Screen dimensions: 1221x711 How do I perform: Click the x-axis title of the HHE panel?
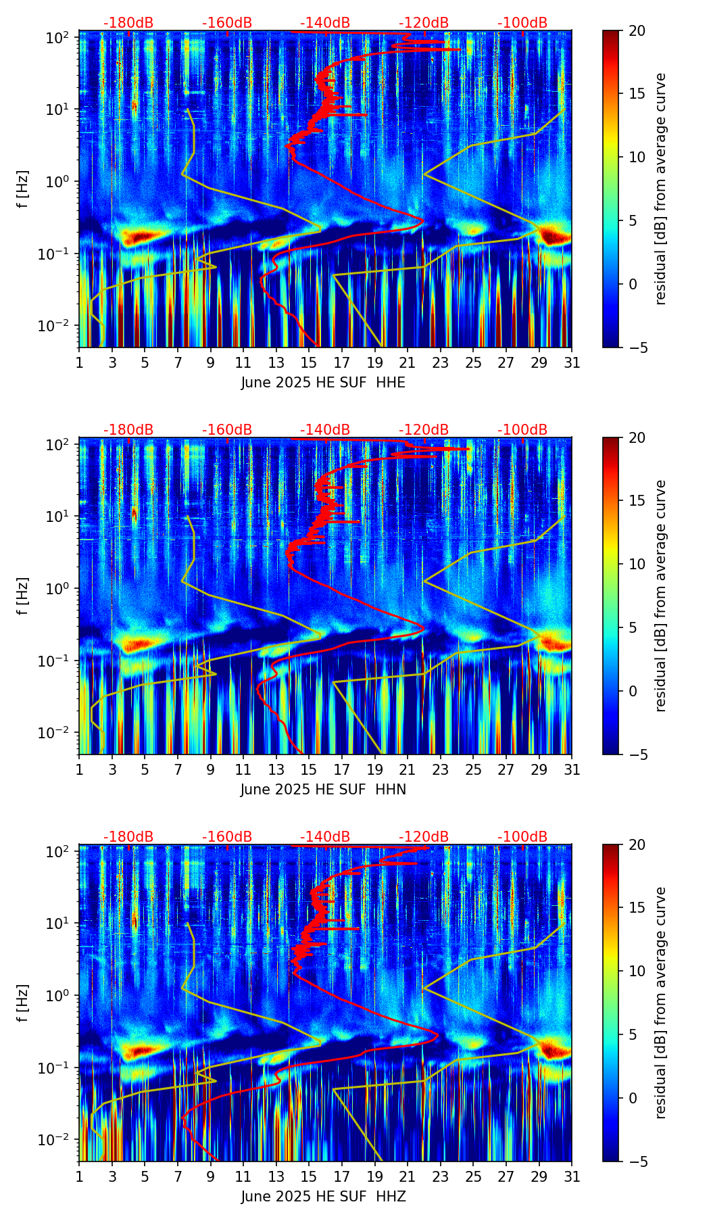click(x=323, y=383)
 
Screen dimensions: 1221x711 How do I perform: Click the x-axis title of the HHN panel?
click(x=323, y=790)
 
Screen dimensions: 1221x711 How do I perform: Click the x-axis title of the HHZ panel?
click(x=323, y=1197)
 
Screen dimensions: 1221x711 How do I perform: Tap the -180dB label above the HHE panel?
click(x=128, y=23)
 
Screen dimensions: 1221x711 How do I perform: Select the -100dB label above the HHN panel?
click(x=522, y=430)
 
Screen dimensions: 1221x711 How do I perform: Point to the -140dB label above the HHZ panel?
click(x=325, y=837)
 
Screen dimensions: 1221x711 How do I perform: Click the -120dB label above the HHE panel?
click(x=424, y=23)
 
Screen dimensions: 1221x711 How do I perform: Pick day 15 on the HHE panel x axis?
click(x=309, y=362)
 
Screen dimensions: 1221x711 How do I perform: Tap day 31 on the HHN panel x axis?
click(x=572, y=769)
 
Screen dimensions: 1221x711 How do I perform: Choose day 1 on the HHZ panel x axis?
click(x=79, y=1176)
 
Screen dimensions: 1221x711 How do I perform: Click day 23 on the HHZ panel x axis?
click(x=440, y=1176)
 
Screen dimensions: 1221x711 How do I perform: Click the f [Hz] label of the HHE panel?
click(x=23, y=189)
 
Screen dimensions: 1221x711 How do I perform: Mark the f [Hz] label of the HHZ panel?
click(x=23, y=1003)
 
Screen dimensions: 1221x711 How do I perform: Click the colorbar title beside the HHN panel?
click(x=660, y=596)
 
